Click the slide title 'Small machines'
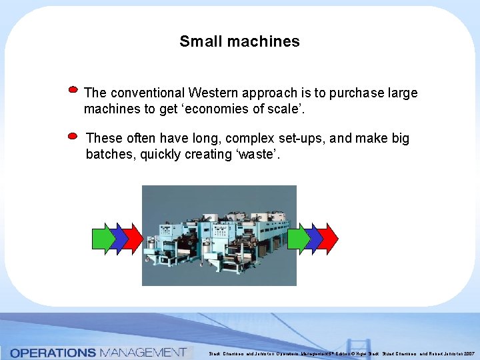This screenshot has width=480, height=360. [x=239, y=41]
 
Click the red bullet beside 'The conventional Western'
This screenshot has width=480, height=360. [x=73, y=89]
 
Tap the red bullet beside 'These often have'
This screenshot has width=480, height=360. [x=73, y=135]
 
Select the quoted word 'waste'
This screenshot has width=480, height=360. [x=257, y=155]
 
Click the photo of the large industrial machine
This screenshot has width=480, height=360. [x=219, y=235]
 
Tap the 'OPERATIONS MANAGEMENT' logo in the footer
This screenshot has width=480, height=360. [x=98, y=352]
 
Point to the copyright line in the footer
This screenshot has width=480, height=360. [x=341, y=353]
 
